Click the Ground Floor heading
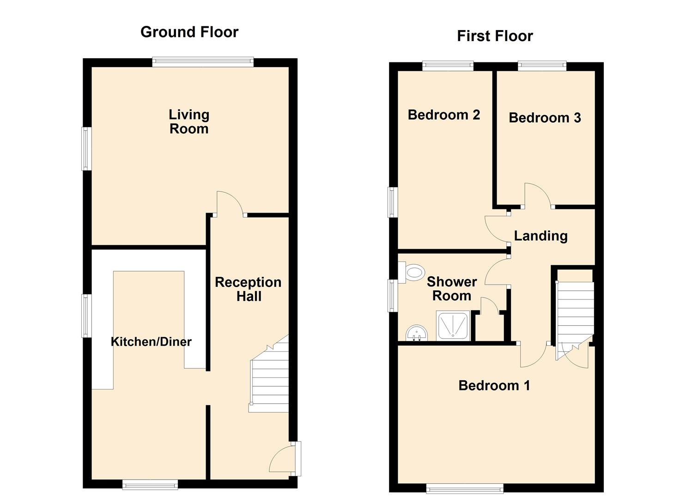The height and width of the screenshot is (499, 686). click(x=189, y=32)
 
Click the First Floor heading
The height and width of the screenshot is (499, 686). click(x=495, y=36)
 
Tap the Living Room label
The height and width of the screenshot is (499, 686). click(x=189, y=122)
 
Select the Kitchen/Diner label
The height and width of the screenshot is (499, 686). click(x=151, y=341)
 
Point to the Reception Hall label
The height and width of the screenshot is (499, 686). click(x=248, y=289)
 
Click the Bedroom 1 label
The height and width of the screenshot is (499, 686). click(x=494, y=385)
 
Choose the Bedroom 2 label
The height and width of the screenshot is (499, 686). click(x=444, y=115)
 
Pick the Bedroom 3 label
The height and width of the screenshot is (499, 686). click(x=545, y=118)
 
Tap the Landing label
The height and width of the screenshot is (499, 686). click(x=540, y=236)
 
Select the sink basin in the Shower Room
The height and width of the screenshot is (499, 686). click(x=417, y=333)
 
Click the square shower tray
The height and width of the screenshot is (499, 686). click(x=453, y=326)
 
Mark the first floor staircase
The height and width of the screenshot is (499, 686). click(x=575, y=314)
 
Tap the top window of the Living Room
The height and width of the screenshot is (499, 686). click(x=203, y=62)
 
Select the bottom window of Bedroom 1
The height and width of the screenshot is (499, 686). click(x=464, y=488)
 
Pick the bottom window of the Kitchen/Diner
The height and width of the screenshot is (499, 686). click(x=150, y=484)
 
